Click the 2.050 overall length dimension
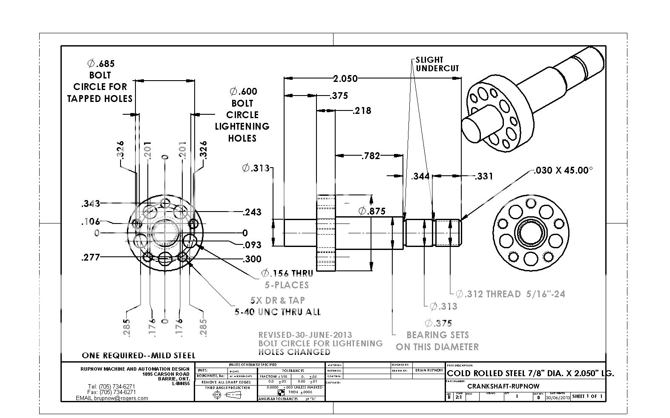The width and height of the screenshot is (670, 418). pyautogui.click(x=345, y=78)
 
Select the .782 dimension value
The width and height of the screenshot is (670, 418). pyautogui.click(x=370, y=156)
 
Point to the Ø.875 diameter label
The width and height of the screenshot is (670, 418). pyautogui.click(x=372, y=211)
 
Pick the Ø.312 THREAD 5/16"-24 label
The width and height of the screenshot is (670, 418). pyautogui.click(x=510, y=294)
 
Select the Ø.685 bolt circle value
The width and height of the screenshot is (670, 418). pyautogui.click(x=101, y=64)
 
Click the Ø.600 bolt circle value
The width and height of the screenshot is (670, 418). pyautogui.click(x=243, y=91)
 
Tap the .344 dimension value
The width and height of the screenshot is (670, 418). pyautogui.click(x=420, y=176)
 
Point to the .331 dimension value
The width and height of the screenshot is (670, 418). pyautogui.click(x=483, y=176)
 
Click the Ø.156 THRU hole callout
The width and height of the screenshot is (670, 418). pyautogui.click(x=287, y=273)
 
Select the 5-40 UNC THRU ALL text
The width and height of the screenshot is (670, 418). pyautogui.click(x=278, y=312)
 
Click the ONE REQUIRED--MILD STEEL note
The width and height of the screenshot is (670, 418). pyautogui.click(x=138, y=355)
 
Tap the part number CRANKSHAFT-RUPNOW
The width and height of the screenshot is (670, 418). pyautogui.click(x=503, y=386)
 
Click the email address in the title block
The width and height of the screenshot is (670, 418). pyautogui.click(x=112, y=398)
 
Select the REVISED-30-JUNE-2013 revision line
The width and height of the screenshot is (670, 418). pyautogui.click(x=305, y=335)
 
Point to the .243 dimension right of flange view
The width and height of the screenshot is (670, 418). pyautogui.click(x=252, y=212)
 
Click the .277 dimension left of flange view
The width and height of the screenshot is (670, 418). pyautogui.click(x=91, y=257)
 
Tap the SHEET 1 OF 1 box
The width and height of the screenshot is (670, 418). pyautogui.click(x=587, y=396)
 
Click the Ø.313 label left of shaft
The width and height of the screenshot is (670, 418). pyautogui.click(x=256, y=168)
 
